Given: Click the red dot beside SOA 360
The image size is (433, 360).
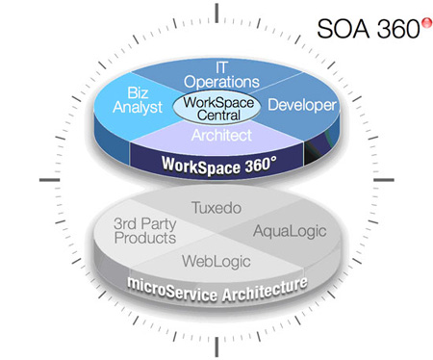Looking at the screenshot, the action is coord(426,23).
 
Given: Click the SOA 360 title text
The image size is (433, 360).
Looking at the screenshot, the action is coord(369,29).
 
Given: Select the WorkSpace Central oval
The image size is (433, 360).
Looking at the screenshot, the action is coord(216,108).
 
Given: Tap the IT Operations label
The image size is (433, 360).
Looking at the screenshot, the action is coord(221,75).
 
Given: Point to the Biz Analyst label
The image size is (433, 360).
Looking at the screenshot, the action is coord(138,100).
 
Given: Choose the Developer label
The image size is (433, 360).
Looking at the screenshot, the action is coord(302,105).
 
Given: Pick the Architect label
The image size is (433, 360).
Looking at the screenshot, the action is coord(221,135).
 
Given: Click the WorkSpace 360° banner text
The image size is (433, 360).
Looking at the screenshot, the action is coord(219,166).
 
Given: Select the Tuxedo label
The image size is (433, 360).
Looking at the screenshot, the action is coord(216,208).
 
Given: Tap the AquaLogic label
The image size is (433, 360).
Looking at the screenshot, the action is coord(290,231).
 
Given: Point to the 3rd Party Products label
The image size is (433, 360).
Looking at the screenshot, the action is coord(145,231).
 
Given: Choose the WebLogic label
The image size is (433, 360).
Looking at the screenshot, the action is coord(216,261).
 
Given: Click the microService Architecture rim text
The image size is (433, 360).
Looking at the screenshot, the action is coord(217,290).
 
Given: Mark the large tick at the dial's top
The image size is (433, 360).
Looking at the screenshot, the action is coord(216,13).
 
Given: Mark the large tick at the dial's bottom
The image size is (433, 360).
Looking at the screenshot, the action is coord(216,347).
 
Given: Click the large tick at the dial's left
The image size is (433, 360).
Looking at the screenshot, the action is coord(50,180).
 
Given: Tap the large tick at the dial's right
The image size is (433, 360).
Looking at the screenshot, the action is coord(384,180).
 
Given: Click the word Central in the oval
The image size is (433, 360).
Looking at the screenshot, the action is coord(218,116).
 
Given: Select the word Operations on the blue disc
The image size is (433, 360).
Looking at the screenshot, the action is coord(221,82).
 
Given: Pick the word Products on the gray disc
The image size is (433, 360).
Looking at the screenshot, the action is coord(145,238).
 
